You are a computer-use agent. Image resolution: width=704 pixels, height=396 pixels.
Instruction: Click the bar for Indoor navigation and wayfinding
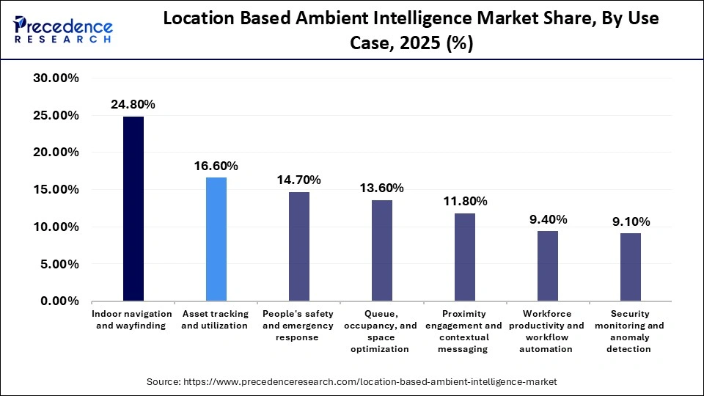[x=133, y=209]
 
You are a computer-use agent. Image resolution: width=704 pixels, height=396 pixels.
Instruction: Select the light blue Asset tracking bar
[x=216, y=239]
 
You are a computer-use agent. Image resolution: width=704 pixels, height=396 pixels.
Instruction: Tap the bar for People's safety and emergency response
[x=298, y=246]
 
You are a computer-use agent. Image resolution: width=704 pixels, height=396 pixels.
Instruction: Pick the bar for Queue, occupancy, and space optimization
[x=381, y=250]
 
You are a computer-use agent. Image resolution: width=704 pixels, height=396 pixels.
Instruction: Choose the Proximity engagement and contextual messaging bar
[x=464, y=257]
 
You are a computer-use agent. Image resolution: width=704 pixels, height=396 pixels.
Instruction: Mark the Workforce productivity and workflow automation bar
[x=547, y=265]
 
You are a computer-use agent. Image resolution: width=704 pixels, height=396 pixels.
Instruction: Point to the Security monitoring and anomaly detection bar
[x=630, y=267]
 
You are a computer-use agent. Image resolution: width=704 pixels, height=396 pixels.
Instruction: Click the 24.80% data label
[x=133, y=105]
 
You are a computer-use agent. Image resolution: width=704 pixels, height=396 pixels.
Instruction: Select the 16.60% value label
[x=216, y=166]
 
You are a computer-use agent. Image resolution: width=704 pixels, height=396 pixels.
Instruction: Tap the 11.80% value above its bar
[x=464, y=202]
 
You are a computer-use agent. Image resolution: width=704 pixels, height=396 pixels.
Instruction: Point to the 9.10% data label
[x=630, y=221]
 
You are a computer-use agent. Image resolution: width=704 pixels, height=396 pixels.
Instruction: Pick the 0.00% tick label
[x=59, y=301]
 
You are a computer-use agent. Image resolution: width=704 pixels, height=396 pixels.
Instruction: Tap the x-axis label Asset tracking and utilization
[x=215, y=320]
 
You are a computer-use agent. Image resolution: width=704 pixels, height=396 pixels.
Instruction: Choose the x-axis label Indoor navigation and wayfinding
[x=133, y=320]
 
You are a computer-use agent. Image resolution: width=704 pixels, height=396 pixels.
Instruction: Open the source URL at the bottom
[x=352, y=382]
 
